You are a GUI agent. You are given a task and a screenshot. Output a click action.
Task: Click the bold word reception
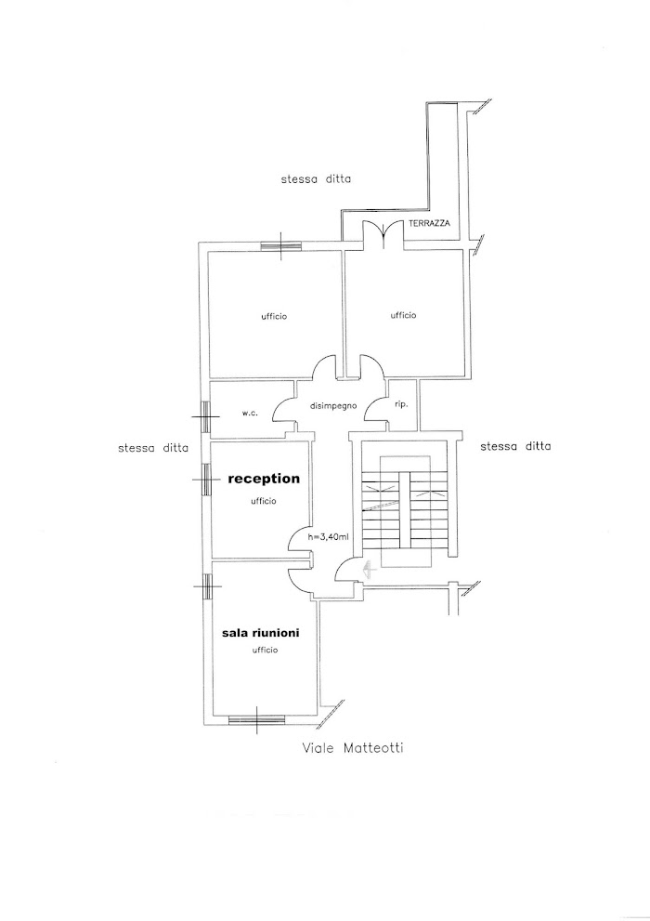coord(264,479)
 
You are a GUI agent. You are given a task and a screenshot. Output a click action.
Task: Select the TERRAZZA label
coord(427,226)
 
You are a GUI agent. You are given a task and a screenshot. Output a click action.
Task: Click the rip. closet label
coord(401,405)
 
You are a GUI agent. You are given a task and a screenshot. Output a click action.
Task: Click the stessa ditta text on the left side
coord(152,448)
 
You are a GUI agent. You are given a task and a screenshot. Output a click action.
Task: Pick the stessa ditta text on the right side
coord(516,447)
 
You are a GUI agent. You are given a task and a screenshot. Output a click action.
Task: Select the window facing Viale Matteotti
coord(256,717)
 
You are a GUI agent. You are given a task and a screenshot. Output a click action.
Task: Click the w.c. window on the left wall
coord(206,414)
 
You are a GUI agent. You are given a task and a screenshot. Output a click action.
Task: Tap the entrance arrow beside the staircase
coord(366,570)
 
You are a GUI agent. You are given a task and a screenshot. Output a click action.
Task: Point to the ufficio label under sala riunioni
coord(264,650)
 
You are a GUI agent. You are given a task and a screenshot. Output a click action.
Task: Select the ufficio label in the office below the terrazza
coord(403,315)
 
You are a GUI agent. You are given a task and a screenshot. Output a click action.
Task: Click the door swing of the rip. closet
coord(378,409)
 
